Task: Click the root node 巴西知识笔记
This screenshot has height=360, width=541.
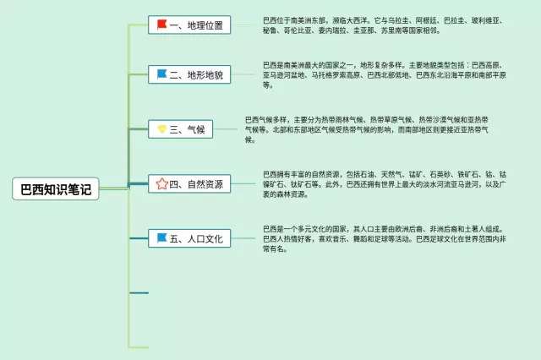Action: (56, 188)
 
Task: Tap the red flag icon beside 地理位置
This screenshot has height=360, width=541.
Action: (161, 25)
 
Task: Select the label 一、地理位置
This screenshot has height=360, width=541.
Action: (196, 25)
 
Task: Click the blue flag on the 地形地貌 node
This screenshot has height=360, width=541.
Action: (161, 74)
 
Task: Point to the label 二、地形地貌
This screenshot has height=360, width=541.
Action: (196, 75)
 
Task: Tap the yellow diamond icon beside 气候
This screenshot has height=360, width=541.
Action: (161, 129)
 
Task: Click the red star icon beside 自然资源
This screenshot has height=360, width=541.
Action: (161, 184)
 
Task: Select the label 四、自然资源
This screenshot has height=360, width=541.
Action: (196, 184)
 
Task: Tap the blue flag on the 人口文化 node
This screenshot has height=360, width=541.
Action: (161, 238)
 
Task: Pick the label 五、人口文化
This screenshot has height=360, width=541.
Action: (196, 239)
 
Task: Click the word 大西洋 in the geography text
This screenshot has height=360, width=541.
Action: (352, 19)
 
